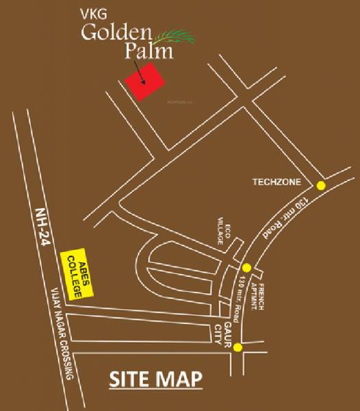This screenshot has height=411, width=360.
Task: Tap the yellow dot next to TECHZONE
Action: point(320,185)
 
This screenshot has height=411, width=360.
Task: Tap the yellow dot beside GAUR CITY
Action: point(237,348)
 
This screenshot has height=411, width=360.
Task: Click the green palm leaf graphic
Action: point(175,34)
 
